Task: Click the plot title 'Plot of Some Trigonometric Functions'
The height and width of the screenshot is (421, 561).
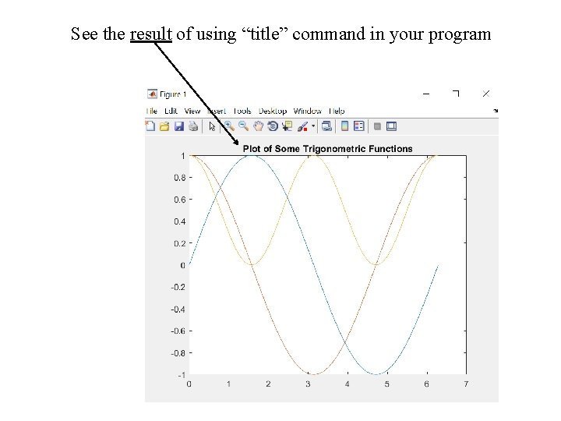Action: [x=327, y=149]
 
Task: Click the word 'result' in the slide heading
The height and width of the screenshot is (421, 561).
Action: [x=150, y=34]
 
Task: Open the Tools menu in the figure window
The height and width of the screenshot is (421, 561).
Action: [x=242, y=111]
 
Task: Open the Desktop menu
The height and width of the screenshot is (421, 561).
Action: [x=273, y=111]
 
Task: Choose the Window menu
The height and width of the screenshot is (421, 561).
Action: [x=307, y=111]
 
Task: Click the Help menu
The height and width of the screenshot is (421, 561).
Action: [x=337, y=111]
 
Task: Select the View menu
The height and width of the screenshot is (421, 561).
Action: [x=192, y=111]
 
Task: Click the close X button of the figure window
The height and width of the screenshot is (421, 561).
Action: [x=486, y=94]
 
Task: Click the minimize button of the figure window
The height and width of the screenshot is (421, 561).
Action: [x=426, y=94]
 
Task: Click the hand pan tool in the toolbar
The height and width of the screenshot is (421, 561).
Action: [x=259, y=126]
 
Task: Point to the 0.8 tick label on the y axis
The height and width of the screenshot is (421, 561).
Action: [x=178, y=178]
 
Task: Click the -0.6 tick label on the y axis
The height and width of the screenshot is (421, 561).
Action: [x=177, y=331]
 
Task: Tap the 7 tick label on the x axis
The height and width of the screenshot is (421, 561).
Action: [x=466, y=384]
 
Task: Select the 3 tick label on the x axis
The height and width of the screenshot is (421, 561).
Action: [x=308, y=384]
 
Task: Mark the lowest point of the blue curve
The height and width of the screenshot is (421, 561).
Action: [x=376, y=374]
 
